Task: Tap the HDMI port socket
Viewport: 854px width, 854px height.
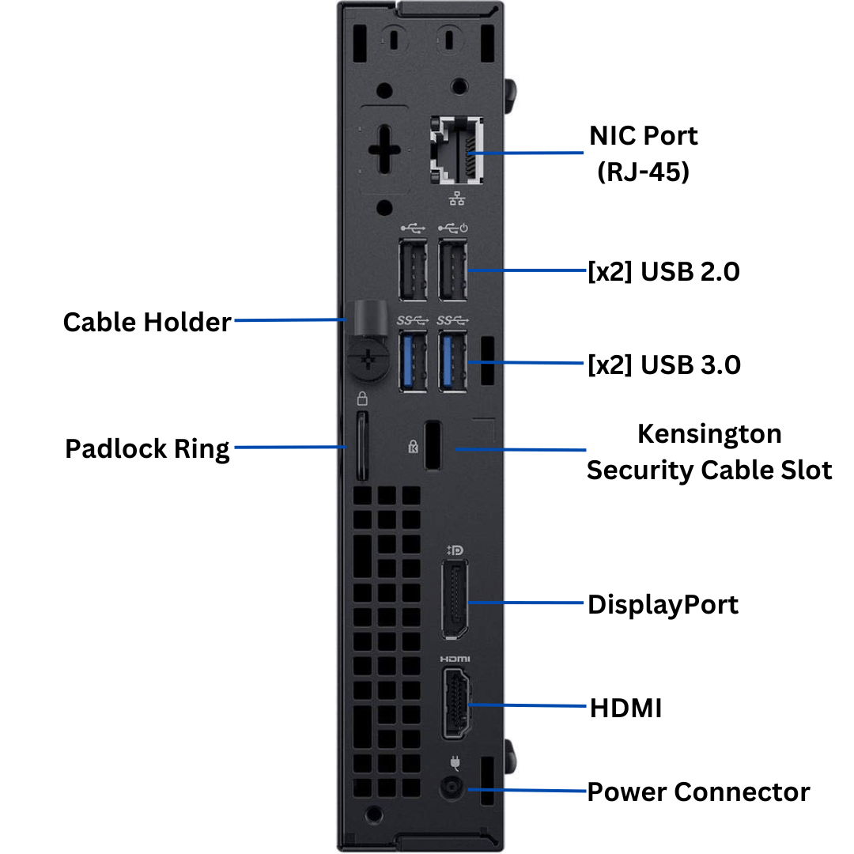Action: coord(456,703)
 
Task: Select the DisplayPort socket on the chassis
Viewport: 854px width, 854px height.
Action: coord(455,599)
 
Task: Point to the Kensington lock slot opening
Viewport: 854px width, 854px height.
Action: coord(433,447)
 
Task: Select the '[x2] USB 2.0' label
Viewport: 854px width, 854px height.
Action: coord(663,272)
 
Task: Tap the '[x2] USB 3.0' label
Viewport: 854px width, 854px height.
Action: coord(663,365)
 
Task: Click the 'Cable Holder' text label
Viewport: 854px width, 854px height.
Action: coord(147,323)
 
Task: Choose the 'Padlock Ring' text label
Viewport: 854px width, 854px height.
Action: coord(147,449)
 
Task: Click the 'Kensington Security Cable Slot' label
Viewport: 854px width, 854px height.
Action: coord(709,452)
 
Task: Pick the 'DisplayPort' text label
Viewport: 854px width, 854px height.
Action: coord(663,605)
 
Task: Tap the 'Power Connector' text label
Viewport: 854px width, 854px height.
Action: coord(698,792)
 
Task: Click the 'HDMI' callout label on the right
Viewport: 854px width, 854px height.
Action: coord(625,708)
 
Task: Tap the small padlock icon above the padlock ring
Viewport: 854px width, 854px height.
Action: coord(362,398)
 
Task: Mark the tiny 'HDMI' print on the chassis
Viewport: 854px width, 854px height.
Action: coord(455,659)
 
